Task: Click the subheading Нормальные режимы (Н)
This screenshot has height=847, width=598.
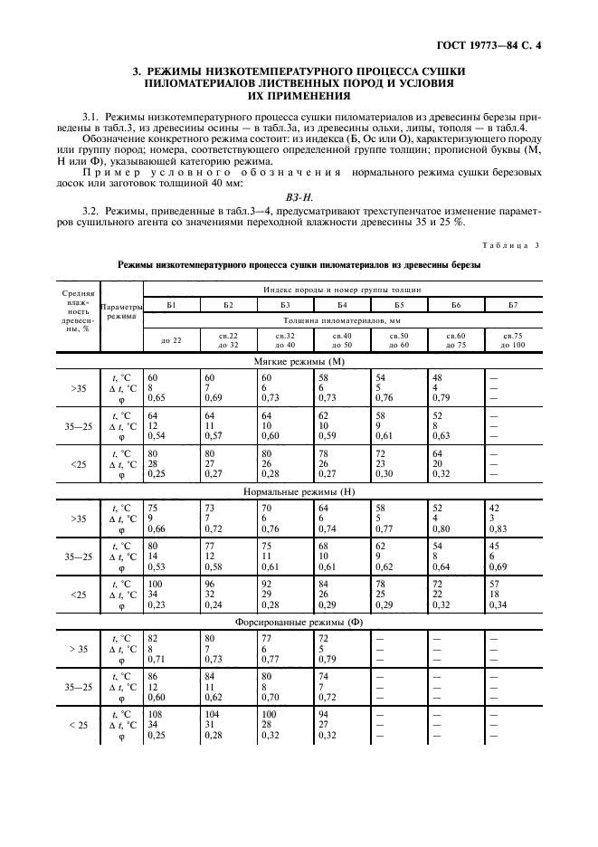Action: tap(299, 491)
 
